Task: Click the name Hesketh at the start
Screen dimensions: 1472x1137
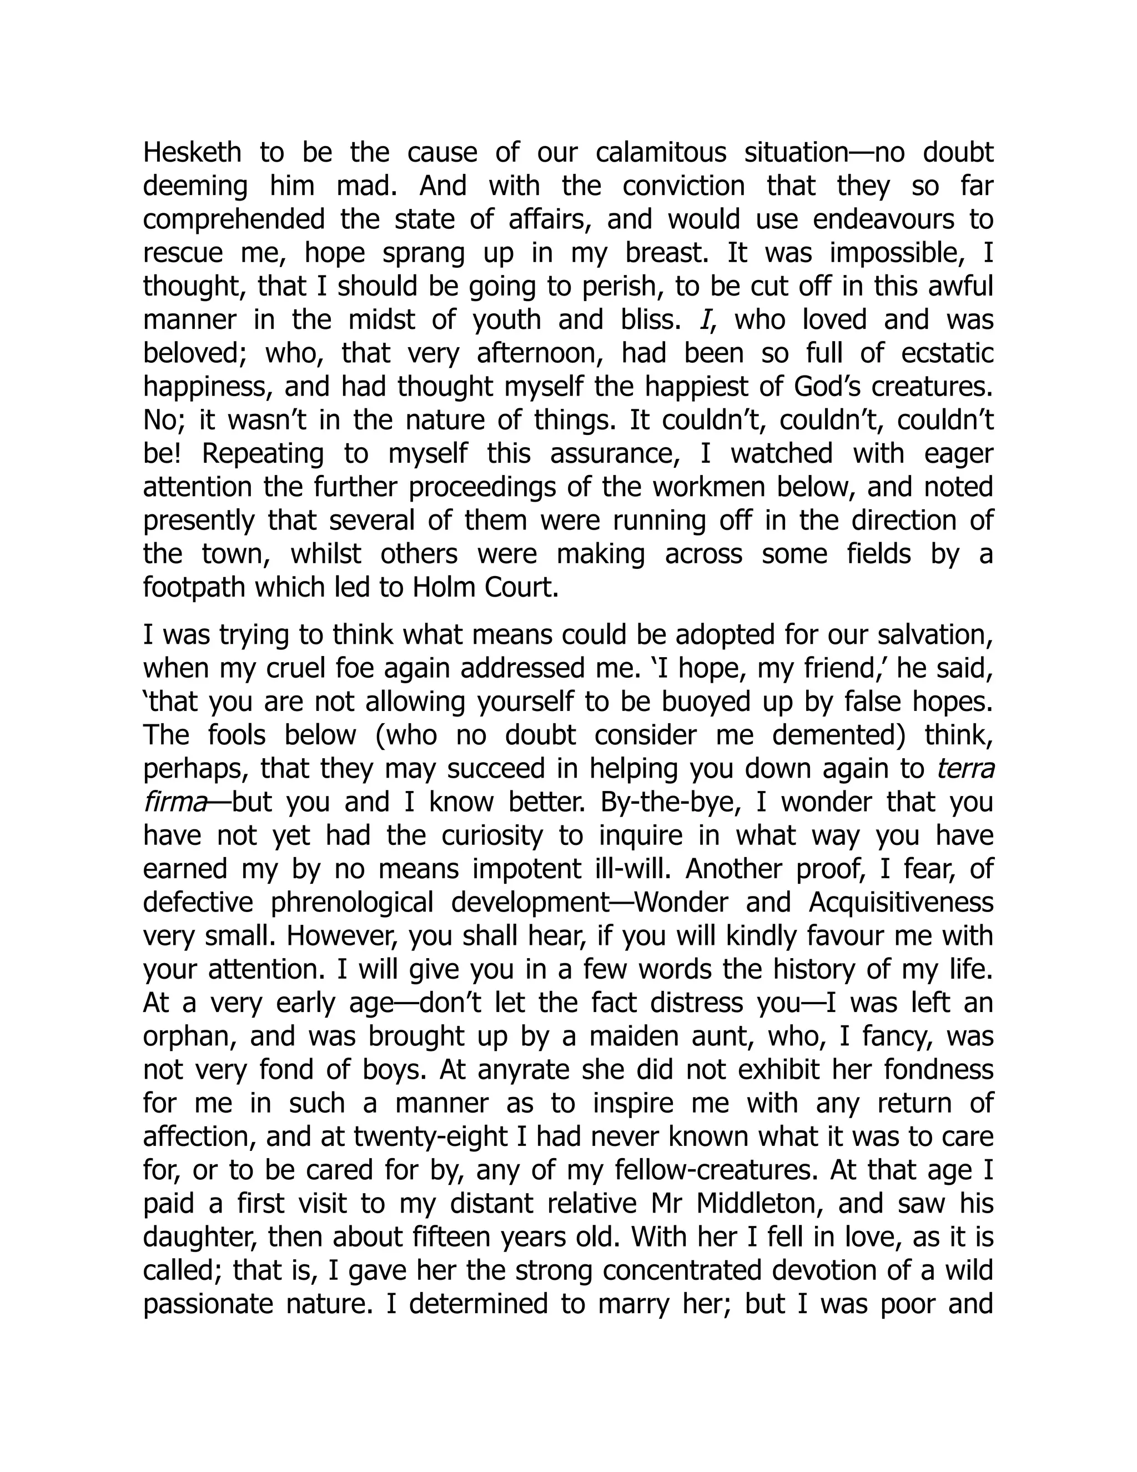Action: (192, 152)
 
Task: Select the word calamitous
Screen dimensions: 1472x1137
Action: (661, 152)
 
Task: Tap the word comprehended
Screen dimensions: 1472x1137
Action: (234, 220)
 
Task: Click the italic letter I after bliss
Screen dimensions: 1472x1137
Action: (705, 319)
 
